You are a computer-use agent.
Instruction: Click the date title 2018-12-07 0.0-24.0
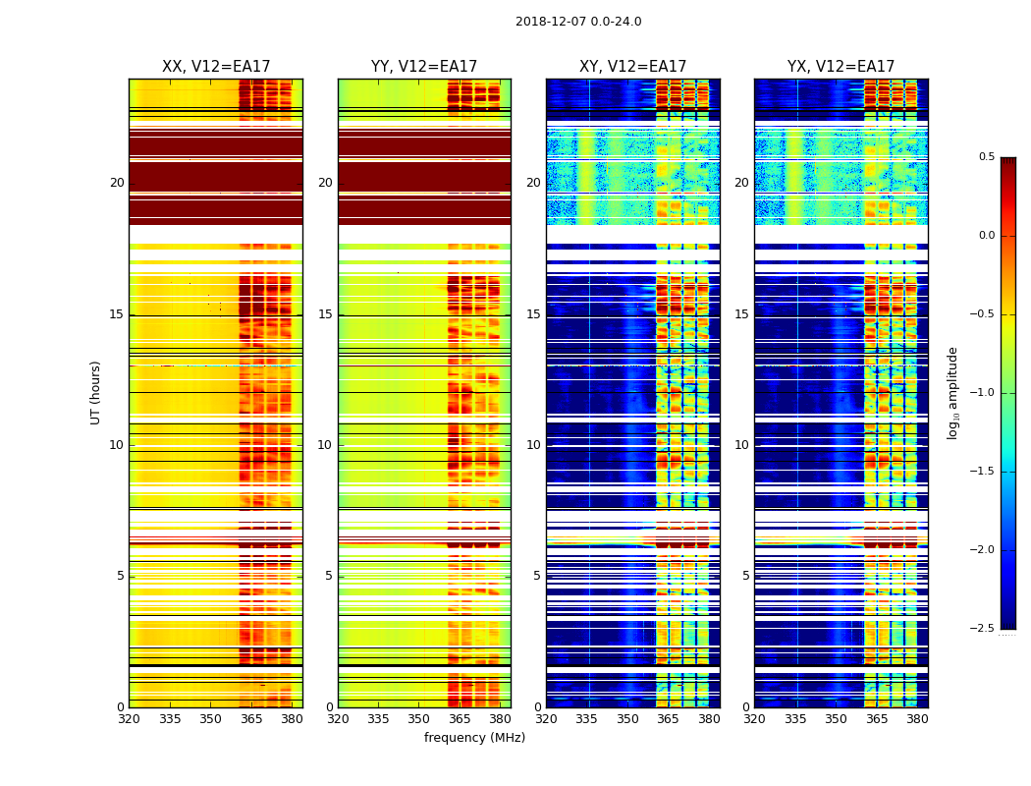[x=578, y=22]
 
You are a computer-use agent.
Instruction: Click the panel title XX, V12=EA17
[x=216, y=67]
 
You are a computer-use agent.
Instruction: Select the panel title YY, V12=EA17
[x=424, y=67]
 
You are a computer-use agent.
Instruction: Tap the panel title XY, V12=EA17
[x=632, y=67]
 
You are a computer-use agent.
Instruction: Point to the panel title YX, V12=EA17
[x=841, y=67]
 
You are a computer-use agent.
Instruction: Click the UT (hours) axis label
[x=95, y=392]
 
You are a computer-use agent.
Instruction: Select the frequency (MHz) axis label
[x=474, y=738]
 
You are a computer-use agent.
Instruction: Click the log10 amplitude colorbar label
[x=952, y=392]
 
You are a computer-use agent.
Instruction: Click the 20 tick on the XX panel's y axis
[x=117, y=183]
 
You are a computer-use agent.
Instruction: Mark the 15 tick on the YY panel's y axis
[x=325, y=314]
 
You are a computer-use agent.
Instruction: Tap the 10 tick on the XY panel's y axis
[x=533, y=445]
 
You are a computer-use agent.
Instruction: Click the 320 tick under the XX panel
[x=129, y=719]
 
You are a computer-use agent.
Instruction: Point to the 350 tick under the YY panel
[x=419, y=719]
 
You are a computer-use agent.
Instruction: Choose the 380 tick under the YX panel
[x=917, y=719]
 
